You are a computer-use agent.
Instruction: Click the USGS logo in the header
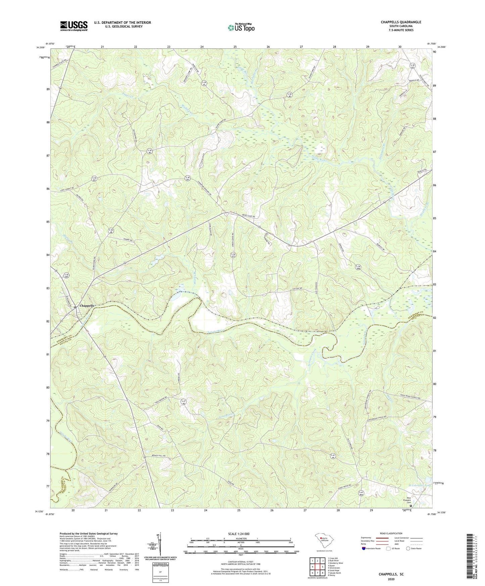coord(74,26)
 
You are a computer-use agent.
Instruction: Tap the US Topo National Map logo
coord(241,28)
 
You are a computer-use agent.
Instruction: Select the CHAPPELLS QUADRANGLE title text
coord(401,22)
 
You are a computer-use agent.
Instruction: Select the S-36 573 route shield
coord(233,255)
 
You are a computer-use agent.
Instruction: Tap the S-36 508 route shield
coord(358,267)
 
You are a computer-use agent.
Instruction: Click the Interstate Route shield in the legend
coord(364,549)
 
